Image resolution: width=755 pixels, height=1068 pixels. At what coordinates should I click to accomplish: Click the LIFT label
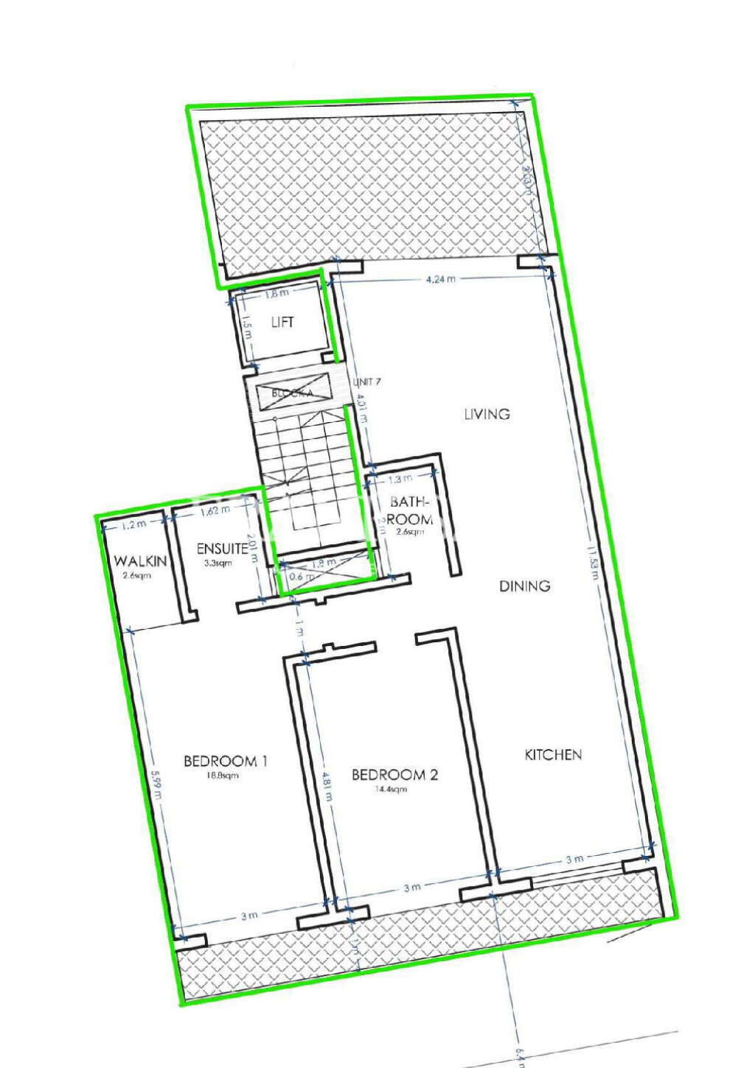point(282,322)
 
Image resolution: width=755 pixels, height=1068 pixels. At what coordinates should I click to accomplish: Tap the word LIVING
point(487,414)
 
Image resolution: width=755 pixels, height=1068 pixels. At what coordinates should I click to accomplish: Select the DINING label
point(525,586)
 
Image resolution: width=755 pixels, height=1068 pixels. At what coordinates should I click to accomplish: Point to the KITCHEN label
point(553,755)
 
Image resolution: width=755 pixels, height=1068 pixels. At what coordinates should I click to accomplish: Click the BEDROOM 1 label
point(225,761)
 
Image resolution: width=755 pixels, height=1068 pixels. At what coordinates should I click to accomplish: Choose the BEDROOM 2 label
point(394,775)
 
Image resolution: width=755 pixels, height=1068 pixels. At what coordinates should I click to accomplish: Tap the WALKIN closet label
point(140,561)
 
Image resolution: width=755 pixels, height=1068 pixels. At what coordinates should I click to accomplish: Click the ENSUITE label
point(222,549)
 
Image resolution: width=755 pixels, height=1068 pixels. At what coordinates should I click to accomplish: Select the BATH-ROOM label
point(409,510)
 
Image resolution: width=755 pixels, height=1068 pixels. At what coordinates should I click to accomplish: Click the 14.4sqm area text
point(391,790)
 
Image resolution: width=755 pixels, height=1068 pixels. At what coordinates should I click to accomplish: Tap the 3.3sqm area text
point(218,563)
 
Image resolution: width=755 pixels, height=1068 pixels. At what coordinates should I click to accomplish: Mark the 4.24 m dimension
point(441,279)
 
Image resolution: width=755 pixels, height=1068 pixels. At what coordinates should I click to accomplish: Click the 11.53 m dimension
point(591,561)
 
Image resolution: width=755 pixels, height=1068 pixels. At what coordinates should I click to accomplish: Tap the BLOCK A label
point(292,393)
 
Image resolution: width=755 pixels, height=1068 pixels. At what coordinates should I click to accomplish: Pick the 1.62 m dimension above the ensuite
point(215,510)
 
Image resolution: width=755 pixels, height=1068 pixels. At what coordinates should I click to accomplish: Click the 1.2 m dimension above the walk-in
point(134,524)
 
